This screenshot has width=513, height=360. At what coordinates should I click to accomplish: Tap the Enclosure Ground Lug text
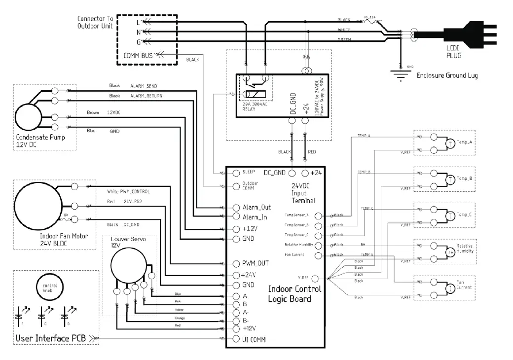(x=447, y=75)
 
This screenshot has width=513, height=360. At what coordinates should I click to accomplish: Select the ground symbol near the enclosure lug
(x=398, y=75)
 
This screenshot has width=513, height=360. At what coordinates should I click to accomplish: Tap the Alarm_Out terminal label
(x=256, y=207)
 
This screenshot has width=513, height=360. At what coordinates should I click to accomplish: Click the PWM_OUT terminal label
(x=255, y=263)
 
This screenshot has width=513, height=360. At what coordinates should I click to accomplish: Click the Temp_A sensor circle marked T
(x=450, y=143)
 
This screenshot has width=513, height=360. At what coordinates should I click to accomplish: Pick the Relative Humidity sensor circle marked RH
(x=450, y=252)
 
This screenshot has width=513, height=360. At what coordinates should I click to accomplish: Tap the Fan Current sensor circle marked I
(x=450, y=288)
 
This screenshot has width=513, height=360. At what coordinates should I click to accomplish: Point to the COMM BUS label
(x=140, y=55)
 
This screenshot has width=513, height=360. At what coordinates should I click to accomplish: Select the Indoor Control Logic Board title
(x=294, y=293)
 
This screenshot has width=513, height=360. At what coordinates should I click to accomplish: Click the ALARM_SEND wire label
(x=143, y=86)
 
